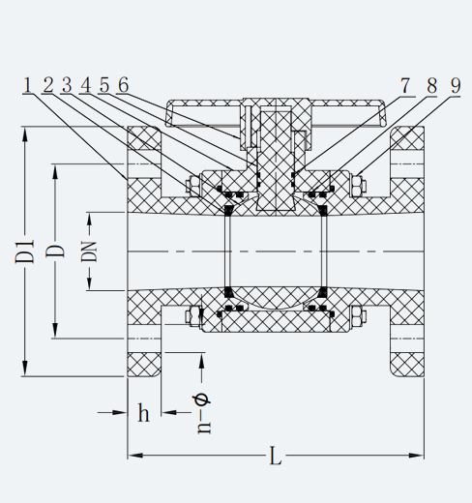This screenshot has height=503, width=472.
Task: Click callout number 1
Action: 28,86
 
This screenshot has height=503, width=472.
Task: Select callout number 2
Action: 47,86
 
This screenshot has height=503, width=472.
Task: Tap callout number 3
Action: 67,86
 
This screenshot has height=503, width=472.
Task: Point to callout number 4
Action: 86,86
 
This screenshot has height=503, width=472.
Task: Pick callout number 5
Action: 104,86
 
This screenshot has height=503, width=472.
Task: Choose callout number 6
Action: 124,86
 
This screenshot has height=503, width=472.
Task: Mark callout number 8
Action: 432,86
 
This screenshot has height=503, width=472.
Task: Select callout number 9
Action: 456,86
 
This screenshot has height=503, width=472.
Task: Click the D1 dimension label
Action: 25,251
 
